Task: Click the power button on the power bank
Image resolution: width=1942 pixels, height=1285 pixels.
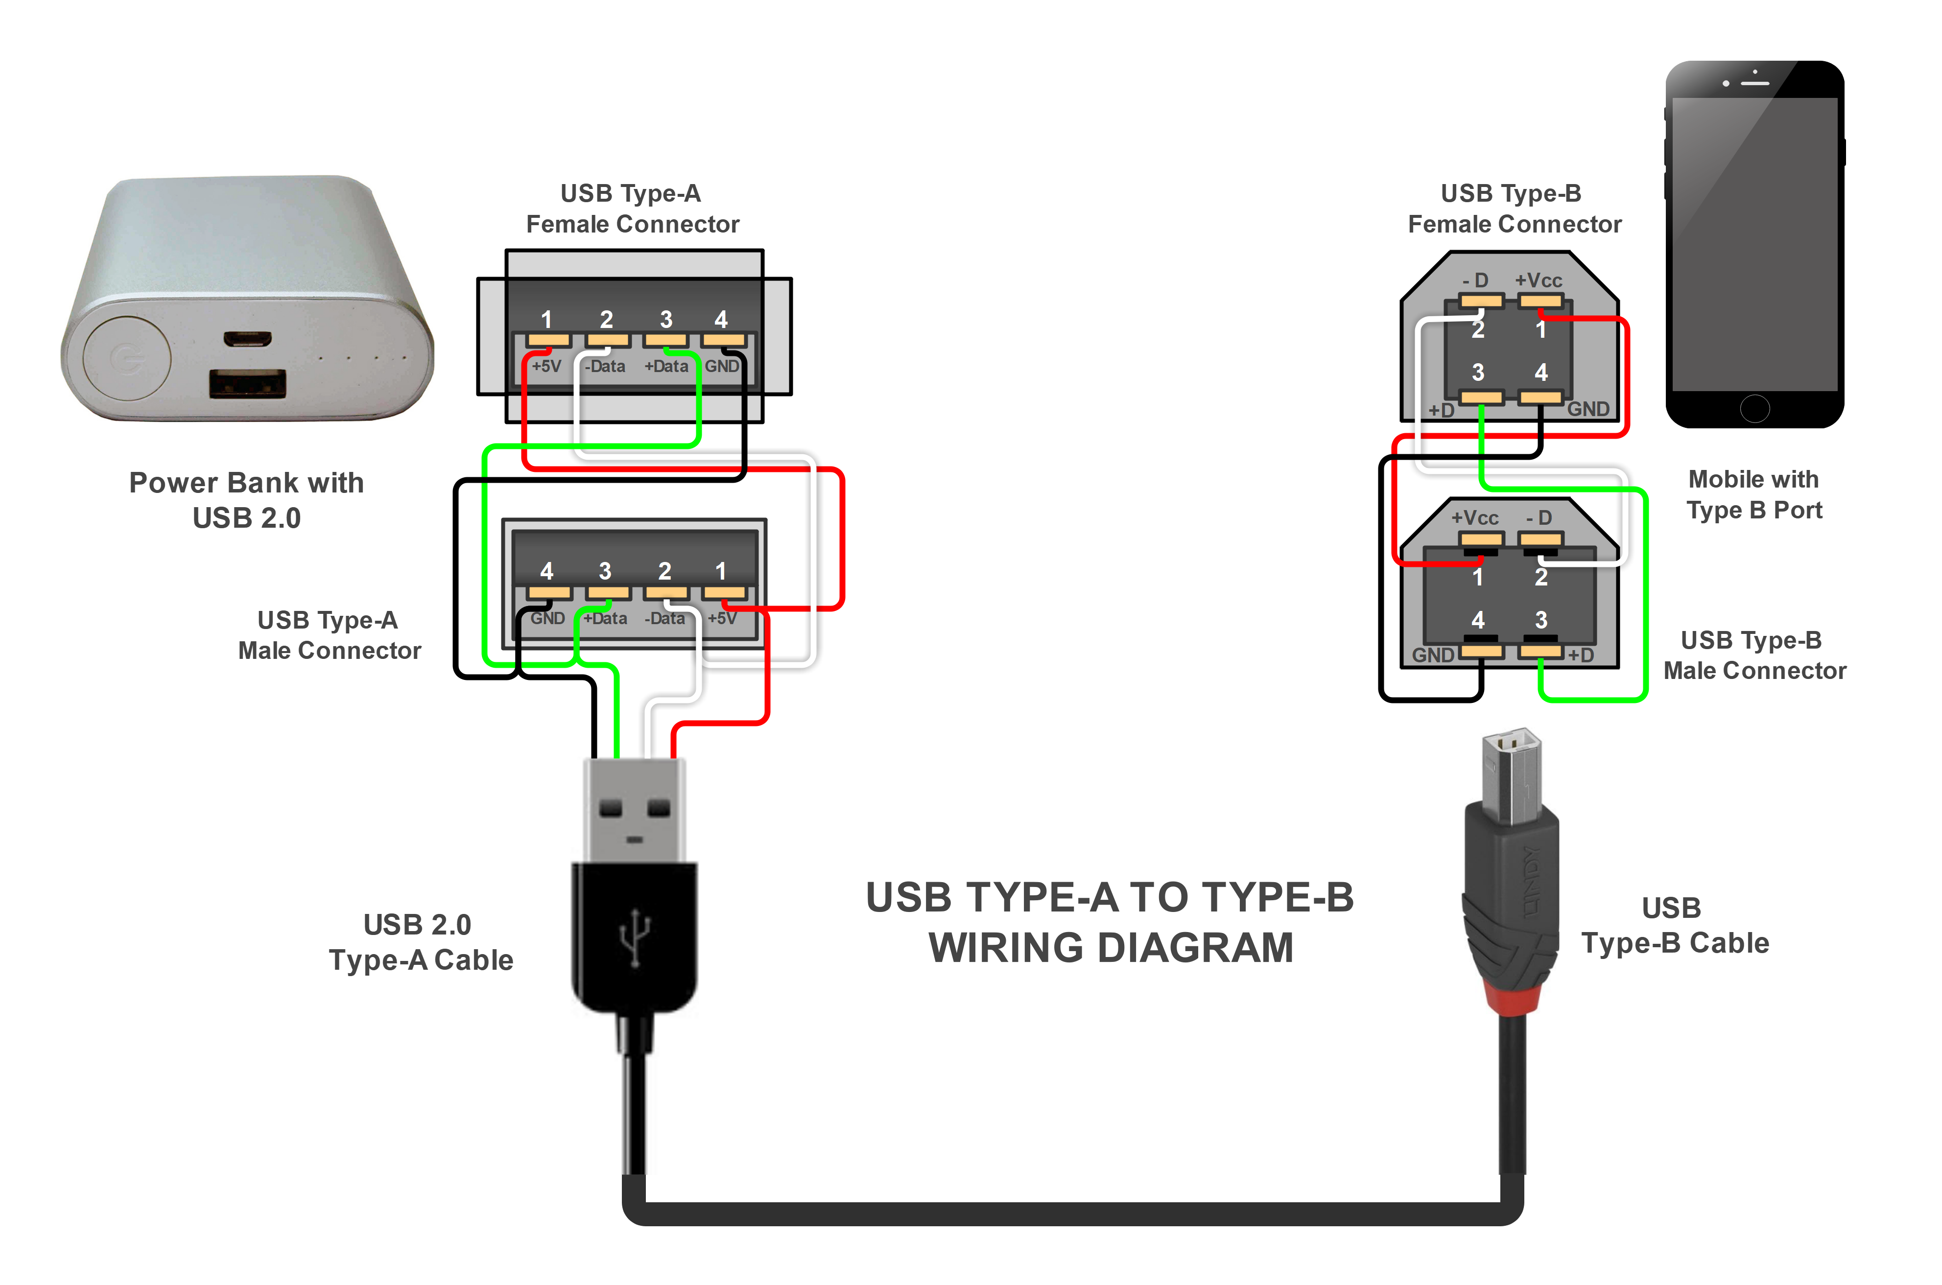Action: (127, 358)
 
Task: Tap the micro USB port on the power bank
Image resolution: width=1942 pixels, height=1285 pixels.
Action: (248, 338)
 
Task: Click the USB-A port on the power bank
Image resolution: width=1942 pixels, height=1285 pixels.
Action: (248, 383)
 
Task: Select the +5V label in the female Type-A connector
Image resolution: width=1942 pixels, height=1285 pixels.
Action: (546, 366)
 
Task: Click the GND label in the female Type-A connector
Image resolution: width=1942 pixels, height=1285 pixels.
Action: (721, 366)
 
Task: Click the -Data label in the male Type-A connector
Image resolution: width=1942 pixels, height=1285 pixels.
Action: (665, 619)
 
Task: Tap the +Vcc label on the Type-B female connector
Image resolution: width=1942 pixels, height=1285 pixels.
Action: (1538, 280)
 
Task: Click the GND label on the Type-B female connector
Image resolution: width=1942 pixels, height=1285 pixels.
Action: (1588, 409)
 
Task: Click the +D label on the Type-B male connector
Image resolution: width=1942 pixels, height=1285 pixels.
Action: (1581, 655)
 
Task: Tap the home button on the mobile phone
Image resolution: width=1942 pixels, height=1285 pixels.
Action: (1754, 408)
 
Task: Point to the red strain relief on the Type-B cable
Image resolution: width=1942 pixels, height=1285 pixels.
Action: (1511, 1000)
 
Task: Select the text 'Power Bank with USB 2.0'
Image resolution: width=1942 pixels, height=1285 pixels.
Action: (246, 500)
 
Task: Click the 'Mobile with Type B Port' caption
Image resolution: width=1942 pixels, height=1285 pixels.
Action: (1754, 494)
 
